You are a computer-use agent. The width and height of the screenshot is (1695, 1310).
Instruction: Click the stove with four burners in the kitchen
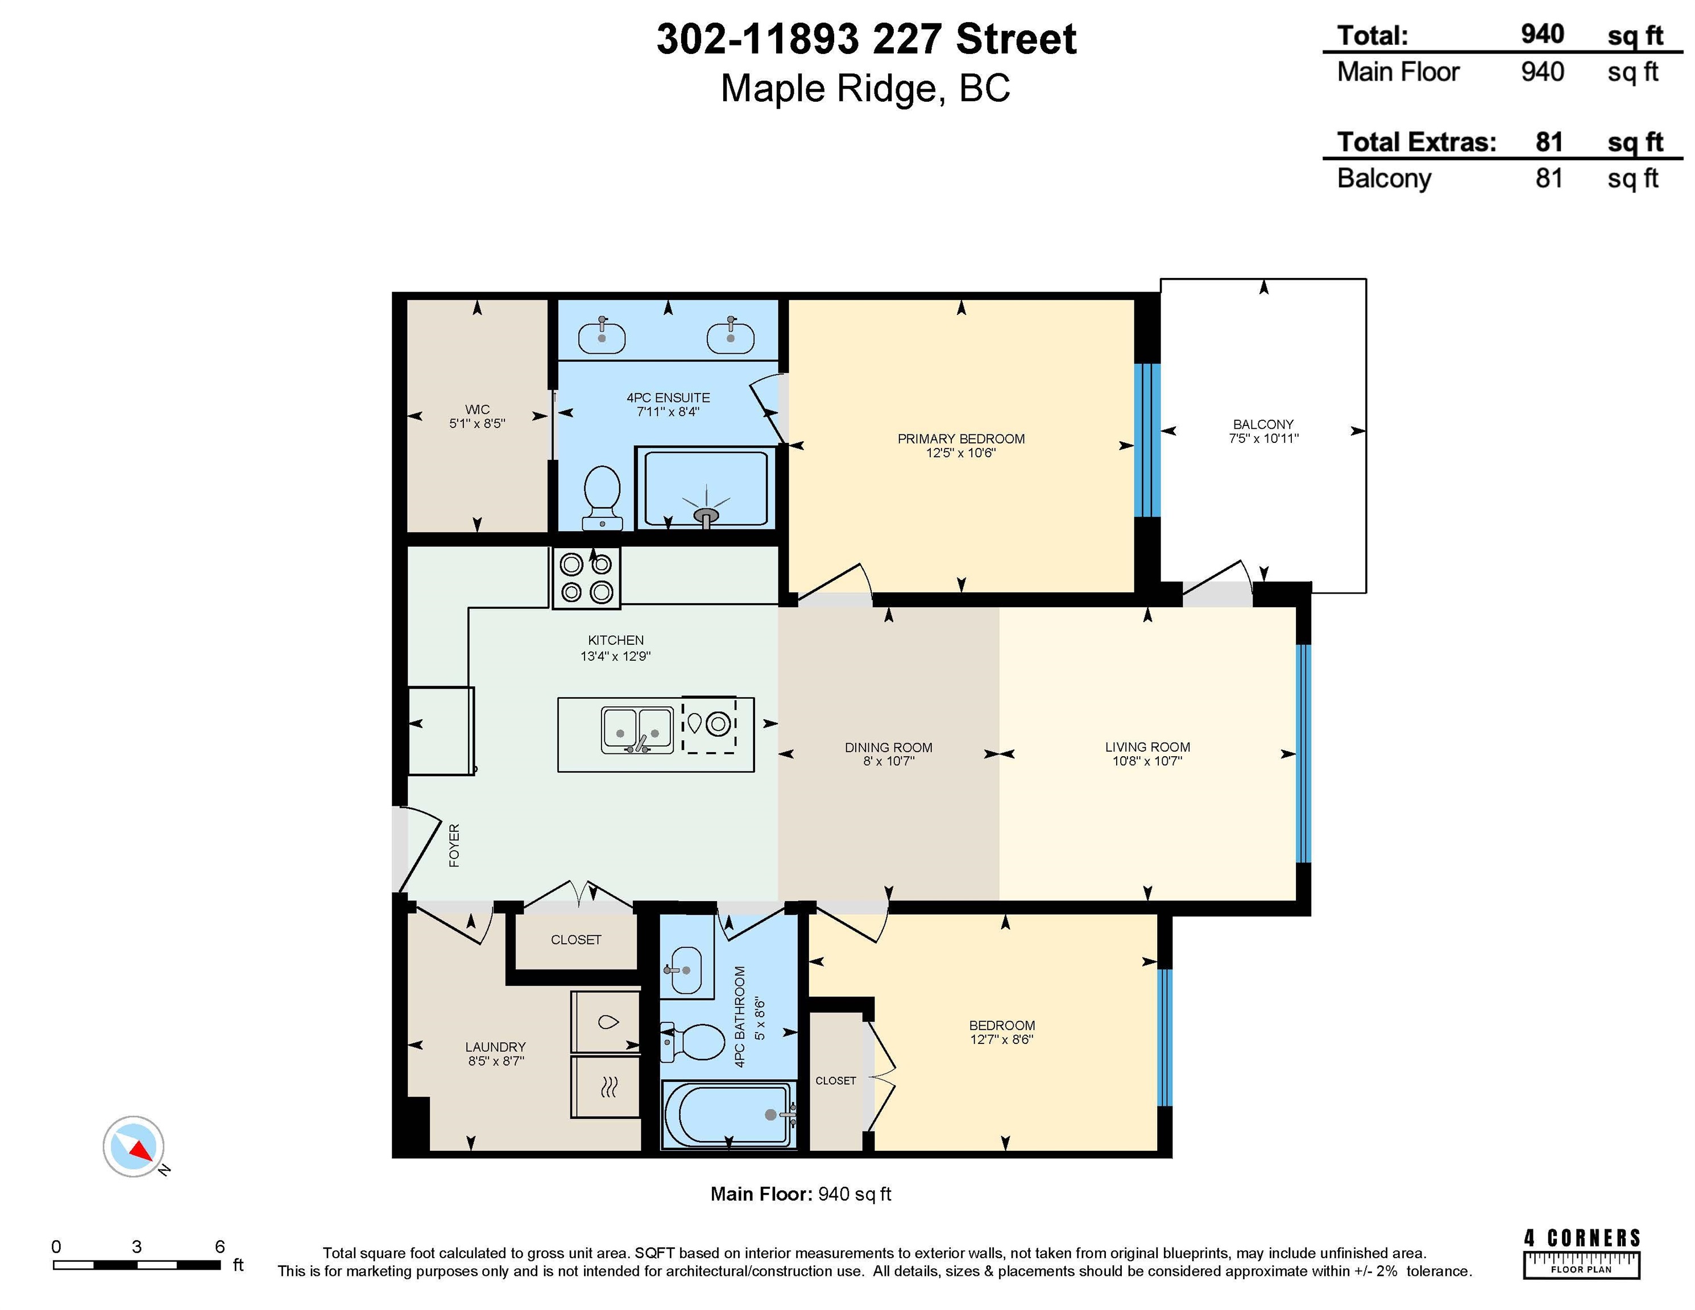[x=586, y=578]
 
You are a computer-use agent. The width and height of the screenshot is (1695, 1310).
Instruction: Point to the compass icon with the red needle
[x=134, y=1147]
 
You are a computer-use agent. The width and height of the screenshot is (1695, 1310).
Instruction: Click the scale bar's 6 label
[x=219, y=1246]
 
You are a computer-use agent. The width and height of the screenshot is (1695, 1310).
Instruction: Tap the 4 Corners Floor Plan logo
[x=1582, y=1253]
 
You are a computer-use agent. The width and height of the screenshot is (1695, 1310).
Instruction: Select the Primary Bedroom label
[x=961, y=438]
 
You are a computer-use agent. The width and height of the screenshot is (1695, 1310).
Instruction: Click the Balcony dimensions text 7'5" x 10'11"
[x=1263, y=438]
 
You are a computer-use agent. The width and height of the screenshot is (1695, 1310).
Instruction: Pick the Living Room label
[x=1147, y=747]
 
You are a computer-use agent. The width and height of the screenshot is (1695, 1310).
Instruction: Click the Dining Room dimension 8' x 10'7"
[x=889, y=761]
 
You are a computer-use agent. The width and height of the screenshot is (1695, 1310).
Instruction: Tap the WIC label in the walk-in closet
[x=477, y=409]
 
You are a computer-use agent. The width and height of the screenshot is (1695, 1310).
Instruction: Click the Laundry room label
[x=495, y=1047]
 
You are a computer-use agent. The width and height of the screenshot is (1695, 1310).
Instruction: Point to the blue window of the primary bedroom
[x=1147, y=440]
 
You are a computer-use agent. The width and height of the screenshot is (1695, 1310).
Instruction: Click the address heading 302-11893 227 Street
[x=866, y=39]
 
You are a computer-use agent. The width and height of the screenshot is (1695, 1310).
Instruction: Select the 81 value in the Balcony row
[x=1549, y=179]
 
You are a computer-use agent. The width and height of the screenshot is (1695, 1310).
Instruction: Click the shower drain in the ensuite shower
[x=706, y=515]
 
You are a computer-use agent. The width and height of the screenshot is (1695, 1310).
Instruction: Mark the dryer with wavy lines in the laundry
[x=606, y=1087]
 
